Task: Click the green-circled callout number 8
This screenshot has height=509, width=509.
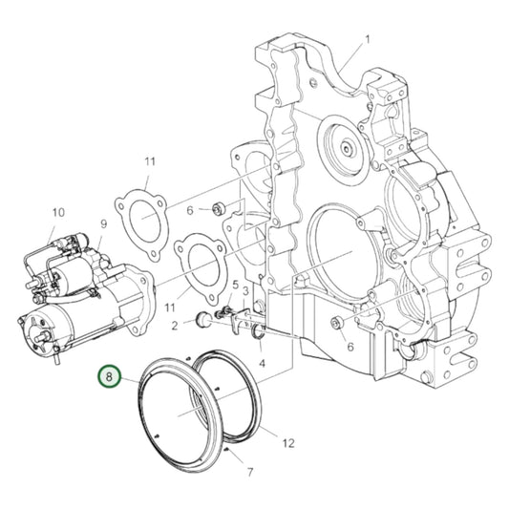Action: click(110, 378)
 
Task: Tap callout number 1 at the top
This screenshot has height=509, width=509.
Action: click(366, 39)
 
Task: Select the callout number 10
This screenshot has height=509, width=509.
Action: click(57, 212)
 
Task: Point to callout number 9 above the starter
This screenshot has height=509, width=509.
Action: click(103, 224)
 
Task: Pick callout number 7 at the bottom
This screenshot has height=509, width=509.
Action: click(249, 472)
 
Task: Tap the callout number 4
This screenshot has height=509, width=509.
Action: click(261, 364)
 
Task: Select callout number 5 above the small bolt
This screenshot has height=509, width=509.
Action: click(234, 285)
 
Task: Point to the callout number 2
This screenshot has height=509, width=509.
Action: click(175, 325)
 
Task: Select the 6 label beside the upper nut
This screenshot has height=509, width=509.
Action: click(190, 210)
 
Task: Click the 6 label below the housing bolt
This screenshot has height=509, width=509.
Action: click(350, 348)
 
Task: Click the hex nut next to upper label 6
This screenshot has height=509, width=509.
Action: click(218, 208)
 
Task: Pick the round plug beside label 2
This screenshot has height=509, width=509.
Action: click(202, 319)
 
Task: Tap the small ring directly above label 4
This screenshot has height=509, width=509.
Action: click(259, 333)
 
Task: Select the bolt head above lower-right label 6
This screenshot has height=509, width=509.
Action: click(338, 323)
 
